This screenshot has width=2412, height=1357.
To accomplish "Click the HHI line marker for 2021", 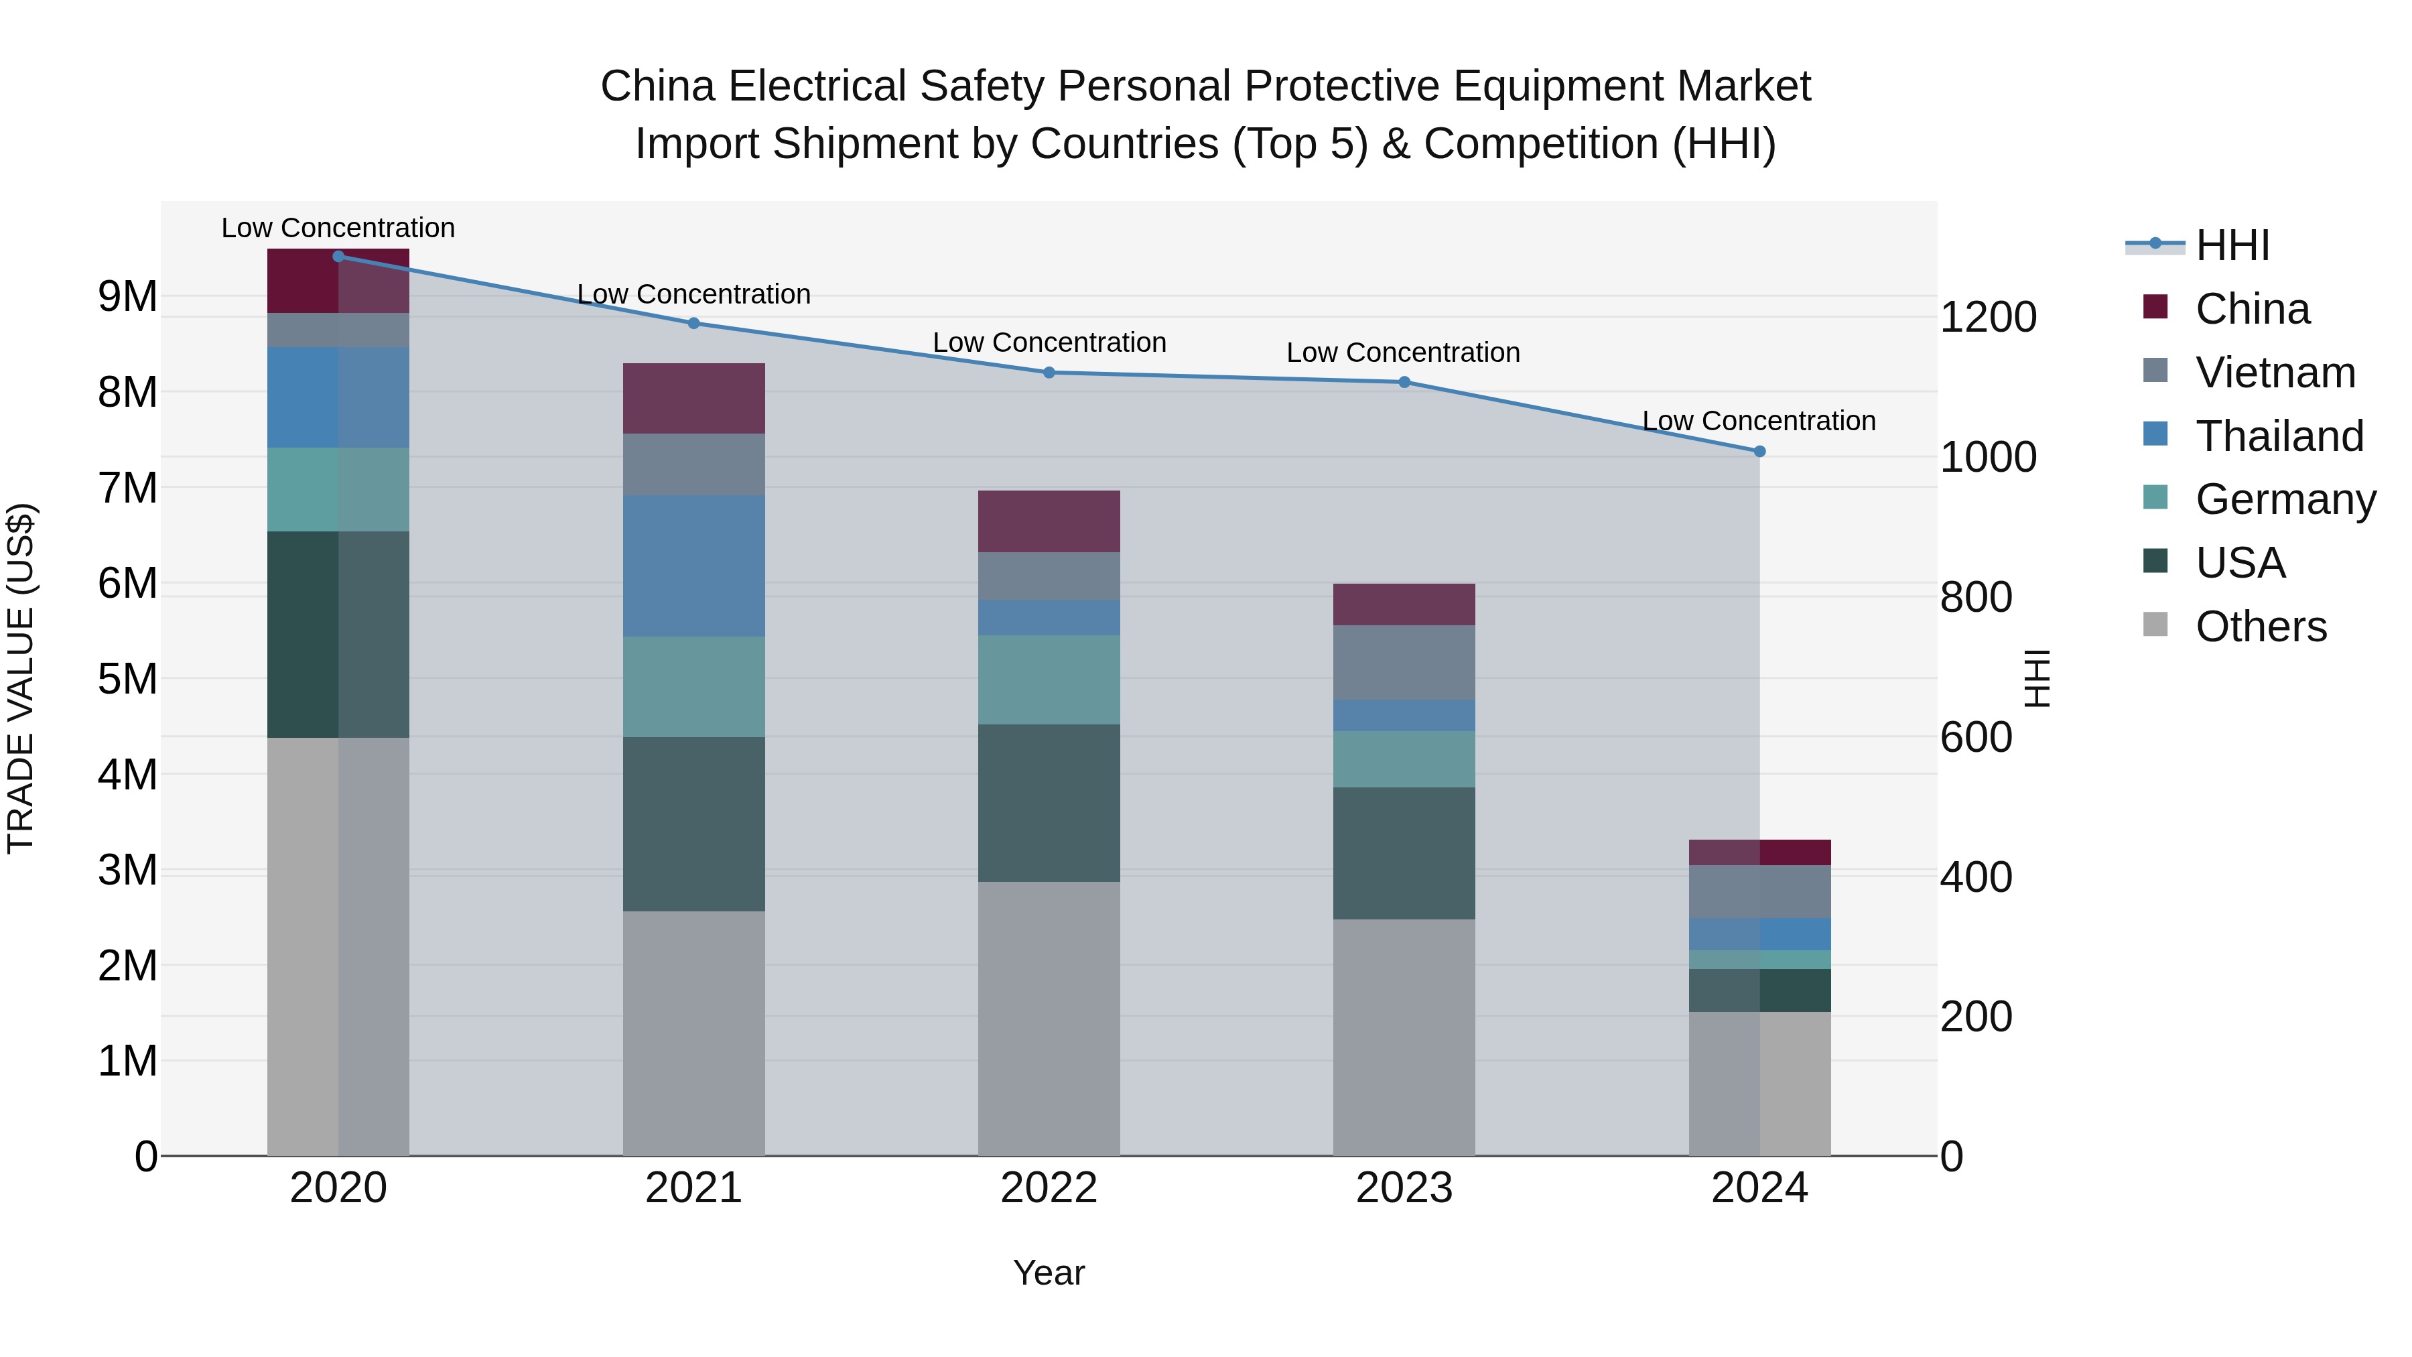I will pyautogui.click(x=694, y=323).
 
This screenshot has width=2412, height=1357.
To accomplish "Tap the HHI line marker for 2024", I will pyautogui.click(x=1759, y=452).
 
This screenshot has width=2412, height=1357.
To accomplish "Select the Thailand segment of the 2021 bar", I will pyautogui.click(x=694, y=566).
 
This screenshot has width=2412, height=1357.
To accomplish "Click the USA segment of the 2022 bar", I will pyautogui.click(x=1049, y=803).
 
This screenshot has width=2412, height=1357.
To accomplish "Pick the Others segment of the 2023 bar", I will pyautogui.click(x=1404, y=1037).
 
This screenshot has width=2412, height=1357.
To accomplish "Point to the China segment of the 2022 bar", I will pyautogui.click(x=1049, y=521).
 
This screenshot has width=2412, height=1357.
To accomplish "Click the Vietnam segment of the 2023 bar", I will pyautogui.click(x=1404, y=662).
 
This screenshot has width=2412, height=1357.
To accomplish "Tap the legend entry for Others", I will pyautogui.click(x=2261, y=627).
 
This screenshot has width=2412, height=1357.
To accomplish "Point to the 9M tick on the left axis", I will pyautogui.click(x=127, y=297).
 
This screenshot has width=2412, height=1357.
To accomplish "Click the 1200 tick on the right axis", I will pyautogui.click(x=1988, y=318).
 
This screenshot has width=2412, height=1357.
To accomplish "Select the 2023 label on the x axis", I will pyautogui.click(x=1404, y=1188).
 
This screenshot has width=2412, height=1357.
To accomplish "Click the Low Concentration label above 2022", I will pyautogui.click(x=1049, y=342).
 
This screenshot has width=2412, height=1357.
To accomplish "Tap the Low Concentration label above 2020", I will pyautogui.click(x=338, y=228).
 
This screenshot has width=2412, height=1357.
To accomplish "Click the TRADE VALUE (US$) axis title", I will pyautogui.click(x=21, y=678).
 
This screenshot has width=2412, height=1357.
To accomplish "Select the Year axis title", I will pyautogui.click(x=1049, y=1273).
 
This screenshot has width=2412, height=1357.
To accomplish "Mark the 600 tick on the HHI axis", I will pyautogui.click(x=1976, y=738).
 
